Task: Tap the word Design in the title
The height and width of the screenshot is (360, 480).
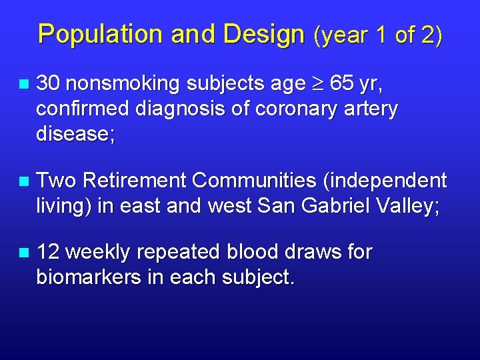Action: (263, 35)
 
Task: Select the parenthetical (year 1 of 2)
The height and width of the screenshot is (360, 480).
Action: (377, 35)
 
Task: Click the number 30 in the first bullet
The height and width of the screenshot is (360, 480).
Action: (49, 84)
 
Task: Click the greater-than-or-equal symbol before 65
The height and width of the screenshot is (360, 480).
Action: (319, 85)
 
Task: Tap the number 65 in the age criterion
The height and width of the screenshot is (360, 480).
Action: (343, 84)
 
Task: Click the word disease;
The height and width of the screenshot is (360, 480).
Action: (75, 134)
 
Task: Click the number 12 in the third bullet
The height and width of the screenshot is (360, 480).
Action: (49, 253)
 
